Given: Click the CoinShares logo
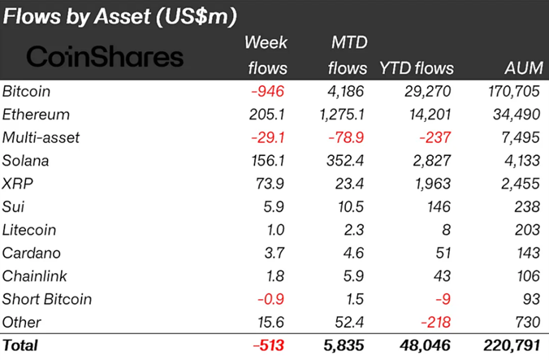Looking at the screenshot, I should (106, 58).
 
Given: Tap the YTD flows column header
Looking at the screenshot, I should (417, 67).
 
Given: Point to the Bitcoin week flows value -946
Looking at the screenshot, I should (269, 92).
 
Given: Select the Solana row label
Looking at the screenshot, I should (27, 161).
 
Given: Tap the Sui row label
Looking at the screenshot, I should (14, 207).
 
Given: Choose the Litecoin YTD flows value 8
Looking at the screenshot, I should (447, 230).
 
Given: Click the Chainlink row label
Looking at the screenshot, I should (34, 276).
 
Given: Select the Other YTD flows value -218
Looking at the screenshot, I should (434, 322).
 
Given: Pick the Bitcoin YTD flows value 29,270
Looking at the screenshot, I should (426, 92).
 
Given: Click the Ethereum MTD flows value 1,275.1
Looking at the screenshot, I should (342, 115).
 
